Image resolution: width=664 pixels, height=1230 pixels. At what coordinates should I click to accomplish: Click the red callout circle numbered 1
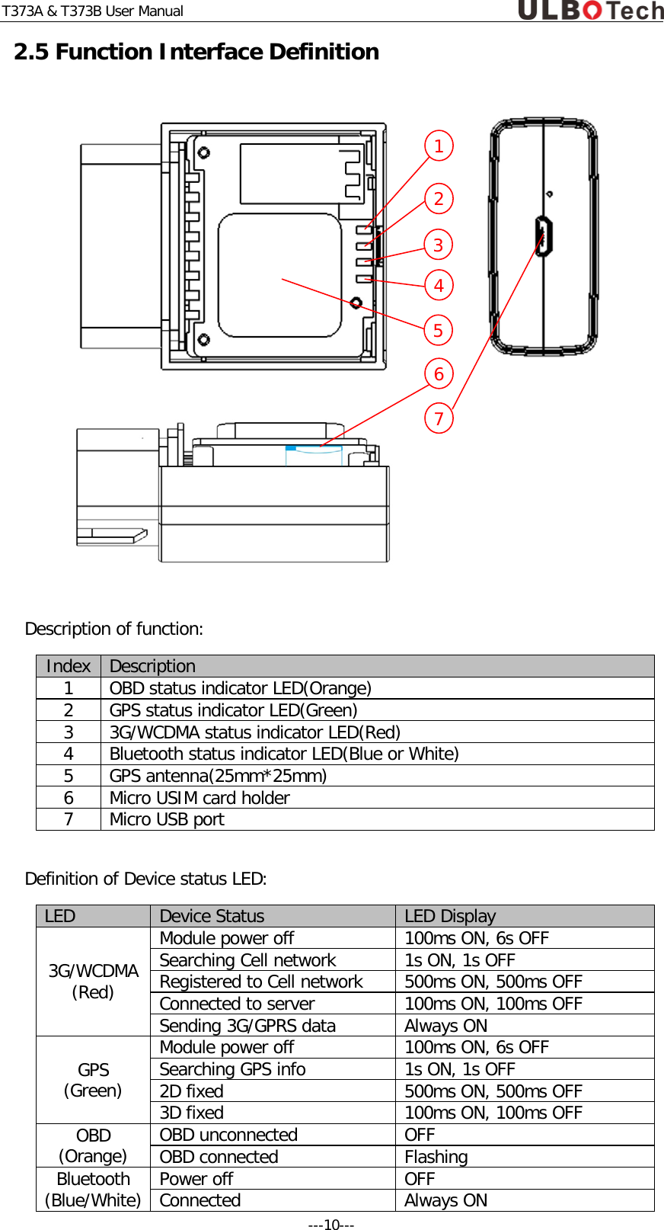point(439,146)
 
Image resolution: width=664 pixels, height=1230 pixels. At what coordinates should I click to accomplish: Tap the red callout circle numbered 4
point(439,286)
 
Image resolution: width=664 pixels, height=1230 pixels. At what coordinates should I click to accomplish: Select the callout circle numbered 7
point(439,418)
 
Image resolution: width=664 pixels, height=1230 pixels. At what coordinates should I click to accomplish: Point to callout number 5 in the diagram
point(439,331)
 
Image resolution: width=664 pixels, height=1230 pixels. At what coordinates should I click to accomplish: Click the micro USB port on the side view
point(543,235)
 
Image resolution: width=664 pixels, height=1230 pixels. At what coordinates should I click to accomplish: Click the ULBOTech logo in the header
point(590,11)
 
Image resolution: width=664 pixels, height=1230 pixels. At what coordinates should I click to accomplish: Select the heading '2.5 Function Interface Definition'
point(196,52)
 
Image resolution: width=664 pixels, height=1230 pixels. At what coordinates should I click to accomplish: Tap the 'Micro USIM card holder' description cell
point(200,798)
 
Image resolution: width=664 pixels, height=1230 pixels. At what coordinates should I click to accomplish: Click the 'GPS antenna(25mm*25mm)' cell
point(218,776)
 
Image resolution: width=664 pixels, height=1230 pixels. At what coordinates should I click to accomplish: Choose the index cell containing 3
point(69,732)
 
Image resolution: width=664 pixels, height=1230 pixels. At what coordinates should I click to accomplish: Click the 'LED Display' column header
point(450,916)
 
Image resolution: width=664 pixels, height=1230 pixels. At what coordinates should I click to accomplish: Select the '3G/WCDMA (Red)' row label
point(93,982)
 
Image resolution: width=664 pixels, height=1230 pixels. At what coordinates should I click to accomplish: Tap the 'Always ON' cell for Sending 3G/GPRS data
point(445,1026)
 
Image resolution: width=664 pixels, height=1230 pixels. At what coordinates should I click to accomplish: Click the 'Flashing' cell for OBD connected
point(436,1157)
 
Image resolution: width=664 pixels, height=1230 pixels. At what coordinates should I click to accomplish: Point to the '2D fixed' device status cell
point(191,1091)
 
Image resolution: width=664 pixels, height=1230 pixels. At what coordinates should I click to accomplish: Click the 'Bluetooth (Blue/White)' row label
point(93,1190)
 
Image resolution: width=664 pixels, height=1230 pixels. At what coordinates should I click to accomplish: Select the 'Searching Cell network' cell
point(247,960)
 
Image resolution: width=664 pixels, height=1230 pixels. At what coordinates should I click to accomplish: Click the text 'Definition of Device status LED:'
point(145,879)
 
